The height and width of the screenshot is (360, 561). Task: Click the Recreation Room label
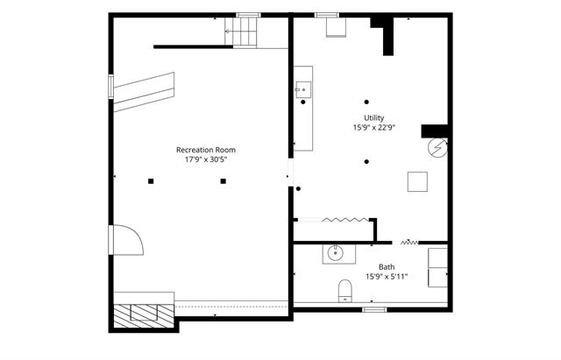[206, 150]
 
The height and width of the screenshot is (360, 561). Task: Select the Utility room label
[374, 117]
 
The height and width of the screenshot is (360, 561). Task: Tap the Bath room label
[387, 266]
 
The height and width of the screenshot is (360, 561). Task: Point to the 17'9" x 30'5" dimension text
[206, 159]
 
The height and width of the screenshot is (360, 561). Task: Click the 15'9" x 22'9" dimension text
[374, 127]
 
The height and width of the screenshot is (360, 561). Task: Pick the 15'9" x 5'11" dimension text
[387, 276]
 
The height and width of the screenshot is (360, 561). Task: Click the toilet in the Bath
[344, 291]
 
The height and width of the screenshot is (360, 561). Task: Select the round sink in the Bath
[335, 253]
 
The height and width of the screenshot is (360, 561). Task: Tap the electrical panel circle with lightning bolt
[437, 148]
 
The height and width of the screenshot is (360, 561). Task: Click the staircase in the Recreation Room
[241, 32]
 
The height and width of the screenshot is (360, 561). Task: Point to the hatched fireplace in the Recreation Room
[144, 316]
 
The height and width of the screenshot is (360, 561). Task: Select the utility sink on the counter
[303, 89]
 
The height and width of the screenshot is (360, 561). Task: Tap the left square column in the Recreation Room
[151, 181]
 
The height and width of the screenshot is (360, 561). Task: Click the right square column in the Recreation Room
[224, 181]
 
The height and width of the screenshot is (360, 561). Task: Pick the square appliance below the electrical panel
[417, 181]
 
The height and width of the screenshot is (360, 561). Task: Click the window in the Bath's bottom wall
[374, 309]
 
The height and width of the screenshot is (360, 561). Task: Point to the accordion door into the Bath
[409, 243]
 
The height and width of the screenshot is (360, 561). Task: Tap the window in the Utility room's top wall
[327, 15]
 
